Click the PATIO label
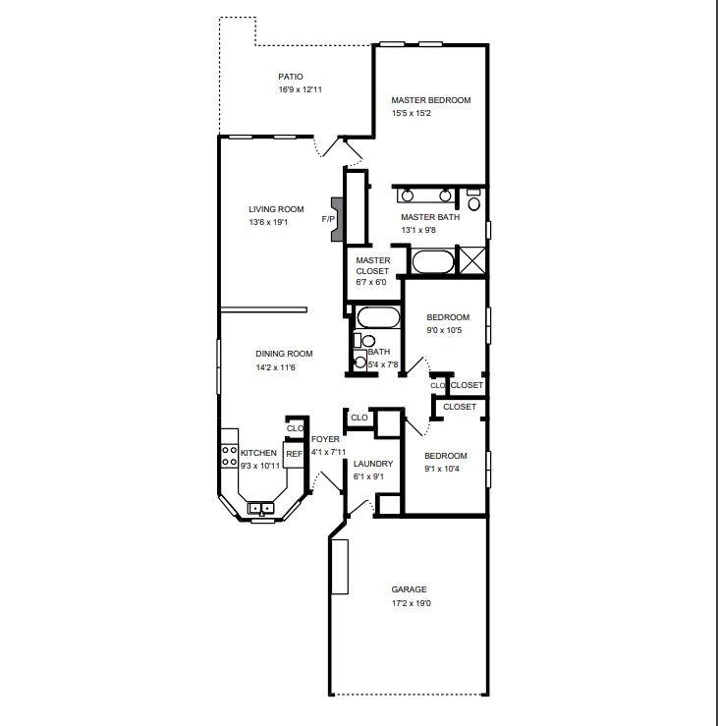[290, 76]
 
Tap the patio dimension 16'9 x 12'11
[300, 89]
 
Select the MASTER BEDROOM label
[430, 100]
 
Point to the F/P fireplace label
[328, 219]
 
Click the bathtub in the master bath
[432, 262]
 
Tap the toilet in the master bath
[473, 202]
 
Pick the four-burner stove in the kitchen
[229, 455]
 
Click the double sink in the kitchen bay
[260, 508]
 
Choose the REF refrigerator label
[294, 454]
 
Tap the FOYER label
[325, 439]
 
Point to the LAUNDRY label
[373, 464]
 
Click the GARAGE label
[409, 589]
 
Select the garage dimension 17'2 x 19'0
[410, 603]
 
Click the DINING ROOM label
[284, 354]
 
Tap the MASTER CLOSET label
[372, 265]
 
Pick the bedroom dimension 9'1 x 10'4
[445, 470]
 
